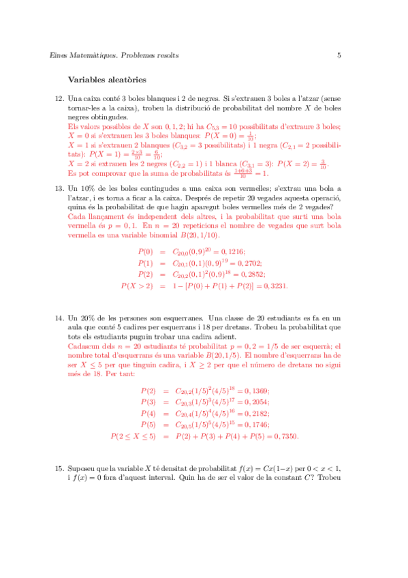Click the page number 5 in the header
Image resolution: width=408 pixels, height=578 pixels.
(339, 55)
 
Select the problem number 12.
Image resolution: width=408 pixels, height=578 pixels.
(59, 99)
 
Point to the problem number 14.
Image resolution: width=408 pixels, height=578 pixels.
(59, 318)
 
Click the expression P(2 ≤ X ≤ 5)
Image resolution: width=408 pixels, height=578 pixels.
(134, 436)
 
